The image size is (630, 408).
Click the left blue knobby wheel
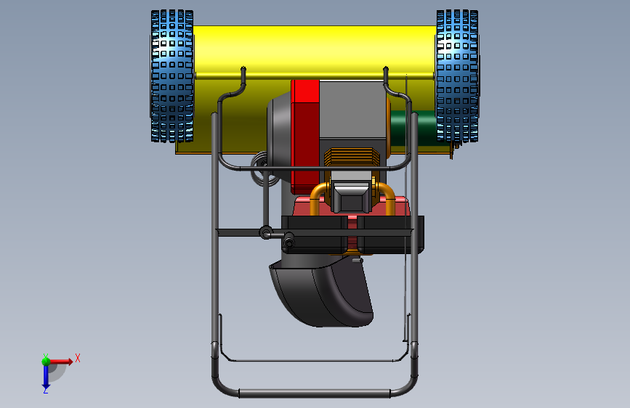[172, 76]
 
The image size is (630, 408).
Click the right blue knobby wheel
[457, 76]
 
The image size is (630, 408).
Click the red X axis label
[78, 358]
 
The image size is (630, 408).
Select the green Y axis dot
[46, 361]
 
